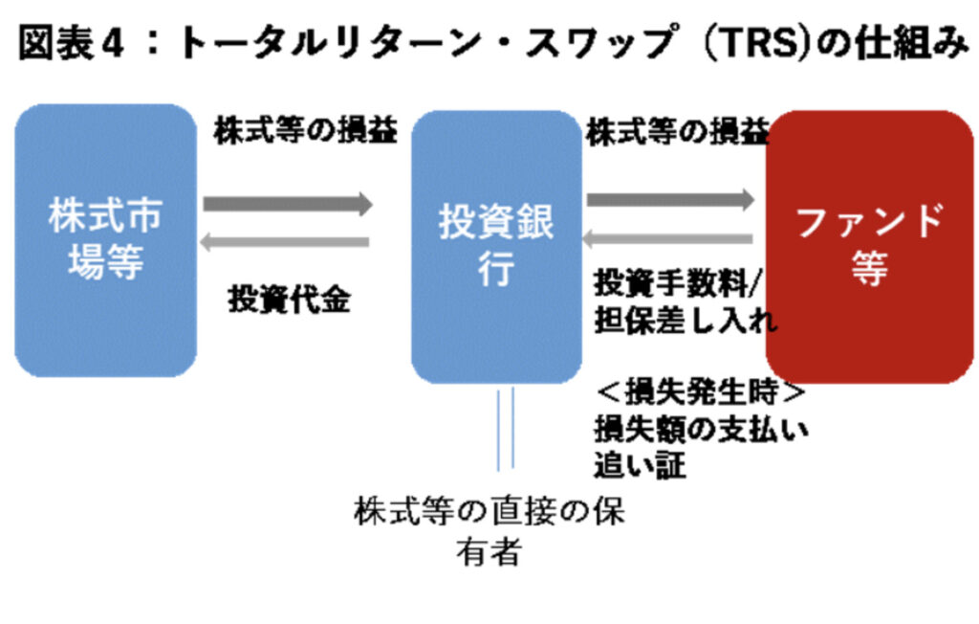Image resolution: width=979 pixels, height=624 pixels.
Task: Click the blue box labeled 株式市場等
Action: click(105, 239)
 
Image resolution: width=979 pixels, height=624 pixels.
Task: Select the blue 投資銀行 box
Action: click(495, 247)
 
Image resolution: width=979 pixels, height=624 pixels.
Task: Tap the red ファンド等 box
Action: click(868, 247)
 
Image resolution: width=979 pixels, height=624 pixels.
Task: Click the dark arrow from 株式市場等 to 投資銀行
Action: click(287, 203)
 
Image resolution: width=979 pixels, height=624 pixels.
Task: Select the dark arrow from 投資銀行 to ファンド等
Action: click(670, 200)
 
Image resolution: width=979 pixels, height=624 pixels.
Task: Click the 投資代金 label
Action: click(289, 300)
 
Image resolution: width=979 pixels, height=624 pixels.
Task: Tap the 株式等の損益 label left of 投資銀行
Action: click(304, 131)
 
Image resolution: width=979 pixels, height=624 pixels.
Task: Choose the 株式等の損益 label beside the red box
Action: click(677, 132)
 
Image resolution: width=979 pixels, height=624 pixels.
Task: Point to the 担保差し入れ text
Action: click(685, 320)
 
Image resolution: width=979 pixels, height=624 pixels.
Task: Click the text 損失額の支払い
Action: click(701, 429)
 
